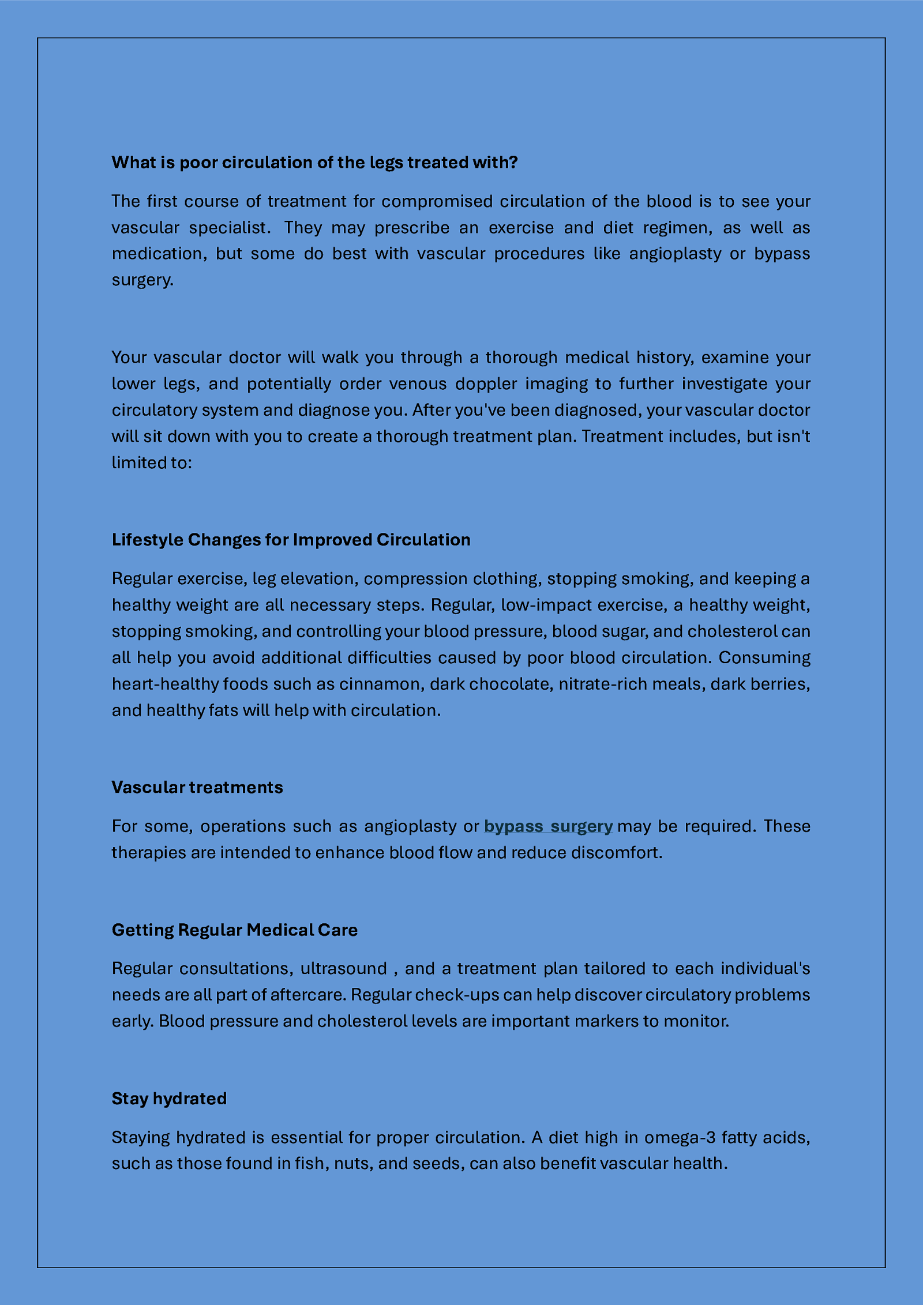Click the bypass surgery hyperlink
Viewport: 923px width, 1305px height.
click(548, 826)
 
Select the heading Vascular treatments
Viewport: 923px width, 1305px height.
click(197, 788)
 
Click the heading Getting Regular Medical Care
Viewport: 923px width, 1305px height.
click(235, 930)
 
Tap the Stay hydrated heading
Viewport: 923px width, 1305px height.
click(169, 1099)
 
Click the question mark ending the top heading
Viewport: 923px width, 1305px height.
click(513, 163)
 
